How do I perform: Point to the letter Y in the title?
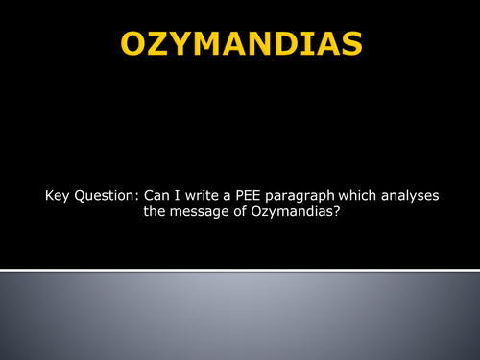click(x=182, y=44)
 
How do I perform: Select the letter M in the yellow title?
click(x=212, y=44)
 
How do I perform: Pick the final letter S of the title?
click(x=352, y=44)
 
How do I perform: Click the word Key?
click(x=58, y=196)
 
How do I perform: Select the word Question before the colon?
click(x=106, y=197)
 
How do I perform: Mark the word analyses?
click(x=413, y=197)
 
